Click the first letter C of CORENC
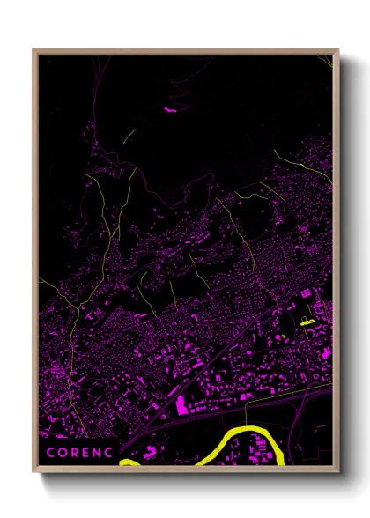pos(50,453)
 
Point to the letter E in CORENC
pos(86,453)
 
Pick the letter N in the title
pos(98,453)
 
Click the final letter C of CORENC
pos(110,453)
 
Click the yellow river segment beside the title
pos(129,461)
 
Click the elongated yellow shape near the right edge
pos(307,323)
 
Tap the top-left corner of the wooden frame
pos(33,50)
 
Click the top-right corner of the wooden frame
pos(338,50)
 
